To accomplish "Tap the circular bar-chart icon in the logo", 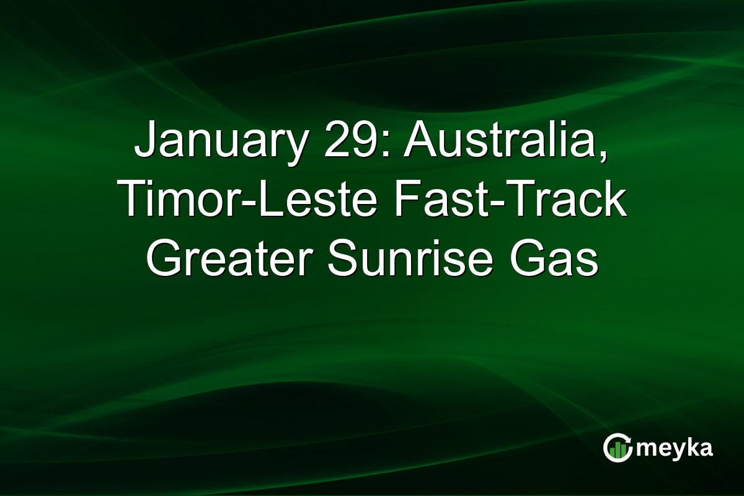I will point(618,448).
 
